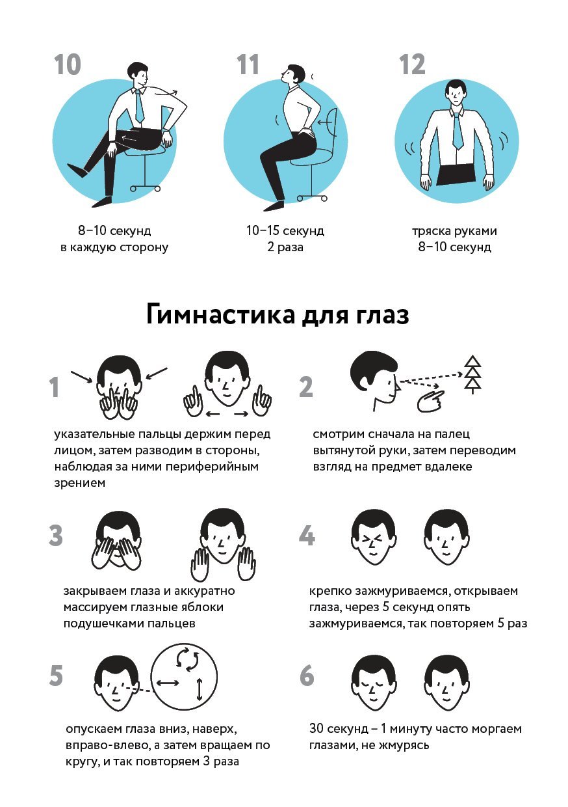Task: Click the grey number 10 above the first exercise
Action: pyautogui.click(x=68, y=64)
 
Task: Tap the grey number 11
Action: pyautogui.click(x=248, y=64)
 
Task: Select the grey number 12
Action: pyautogui.click(x=412, y=64)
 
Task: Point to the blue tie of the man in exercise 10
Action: pyautogui.click(x=139, y=107)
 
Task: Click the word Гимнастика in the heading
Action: pyautogui.click(x=220, y=315)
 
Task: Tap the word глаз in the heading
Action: pyautogui.click(x=382, y=315)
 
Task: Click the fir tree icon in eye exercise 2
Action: pyautogui.click(x=472, y=375)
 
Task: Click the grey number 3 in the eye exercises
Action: pyautogui.click(x=56, y=536)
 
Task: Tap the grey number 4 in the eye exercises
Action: pyautogui.click(x=307, y=536)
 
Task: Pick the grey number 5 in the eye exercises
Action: pyautogui.click(x=56, y=676)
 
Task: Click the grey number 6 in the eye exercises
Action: pyautogui.click(x=307, y=676)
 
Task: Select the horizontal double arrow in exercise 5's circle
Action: pyautogui.click(x=168, y=682)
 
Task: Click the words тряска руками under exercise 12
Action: pyautogui.click(x=454, y=230)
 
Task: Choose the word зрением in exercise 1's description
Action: pyautogui.click(x=79, y=483)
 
